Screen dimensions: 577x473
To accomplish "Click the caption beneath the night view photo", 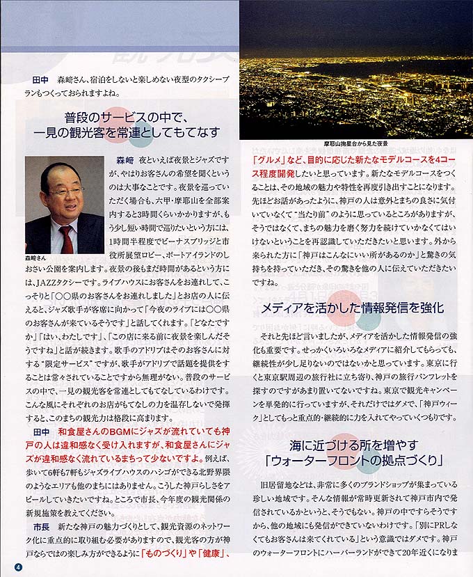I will coord(355,143).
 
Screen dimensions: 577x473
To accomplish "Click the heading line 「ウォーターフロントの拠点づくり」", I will coord(353,460).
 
